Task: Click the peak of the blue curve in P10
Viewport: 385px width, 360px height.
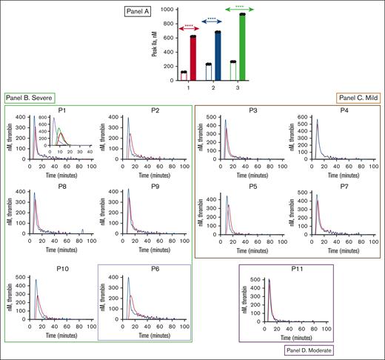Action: coord(36,280)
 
